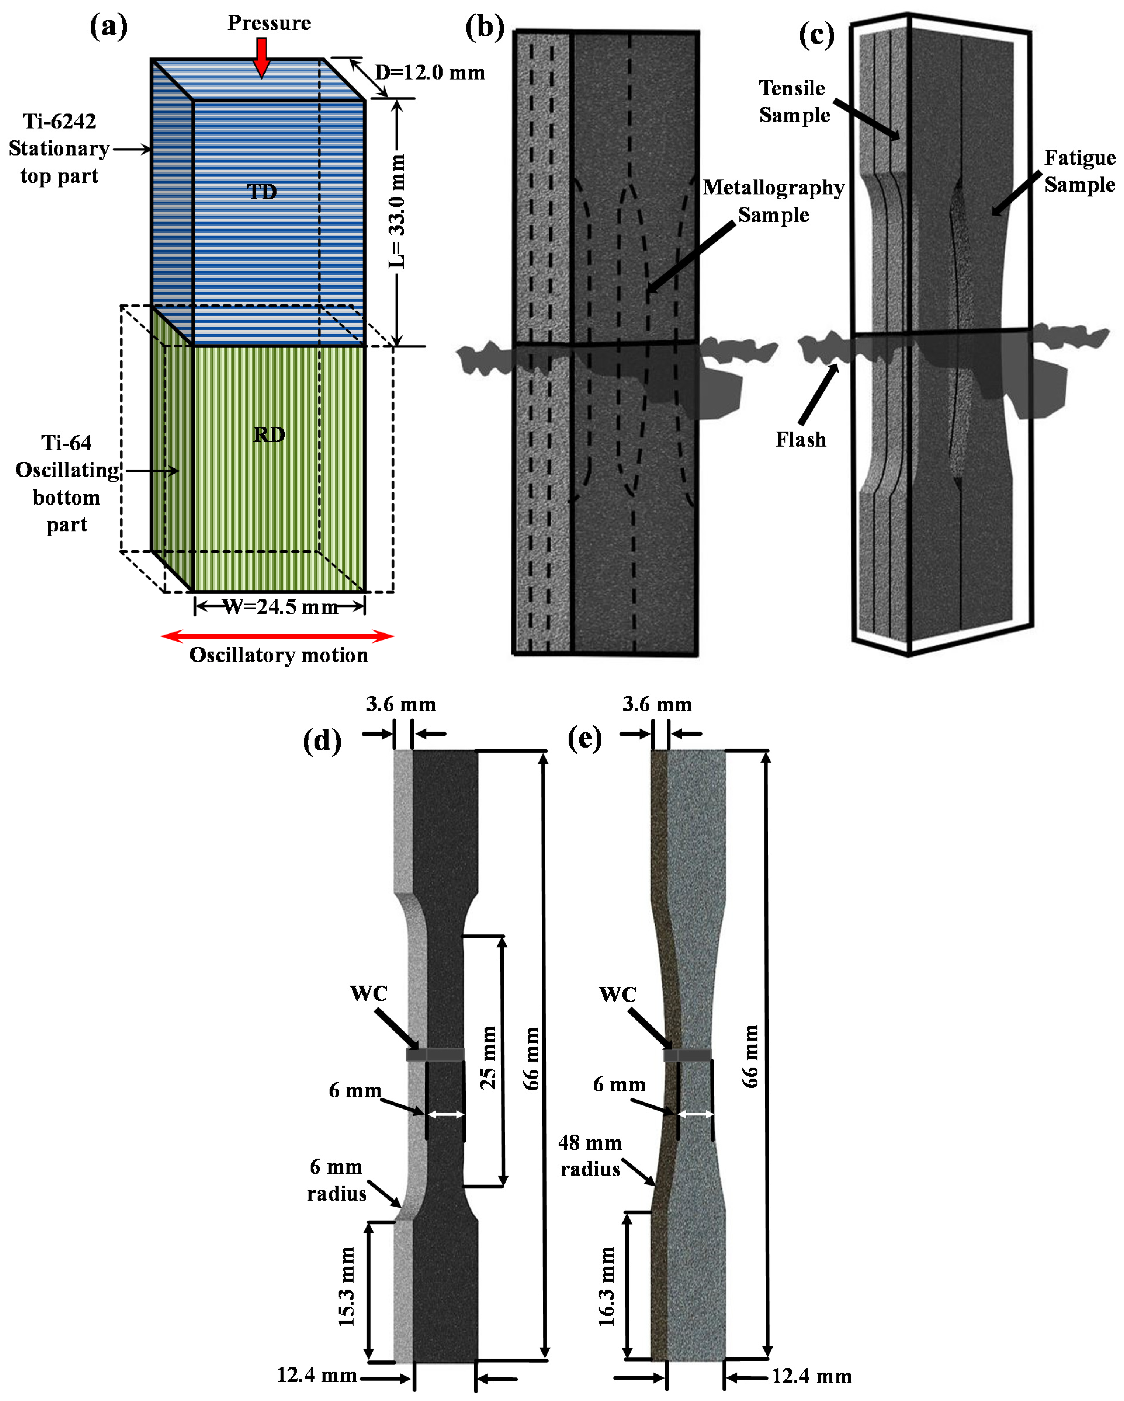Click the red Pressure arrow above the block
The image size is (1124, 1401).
[261, 57]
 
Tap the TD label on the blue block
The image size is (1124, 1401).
[262, 192]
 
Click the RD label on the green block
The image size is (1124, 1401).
[269, 434]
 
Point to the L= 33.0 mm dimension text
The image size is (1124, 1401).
[397, 211]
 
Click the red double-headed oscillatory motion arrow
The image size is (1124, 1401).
[277, 635]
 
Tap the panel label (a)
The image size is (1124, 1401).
[109, 27]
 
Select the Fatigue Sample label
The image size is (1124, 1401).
[1079, 171]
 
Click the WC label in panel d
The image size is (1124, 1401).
[369, 993]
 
